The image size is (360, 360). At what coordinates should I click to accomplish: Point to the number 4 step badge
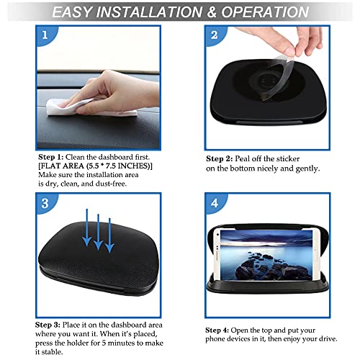click(x=212, y=203)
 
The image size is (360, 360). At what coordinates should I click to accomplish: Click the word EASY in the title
click(x=80, y=12)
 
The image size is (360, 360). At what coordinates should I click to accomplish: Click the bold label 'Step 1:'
click(x=51, y=156)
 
